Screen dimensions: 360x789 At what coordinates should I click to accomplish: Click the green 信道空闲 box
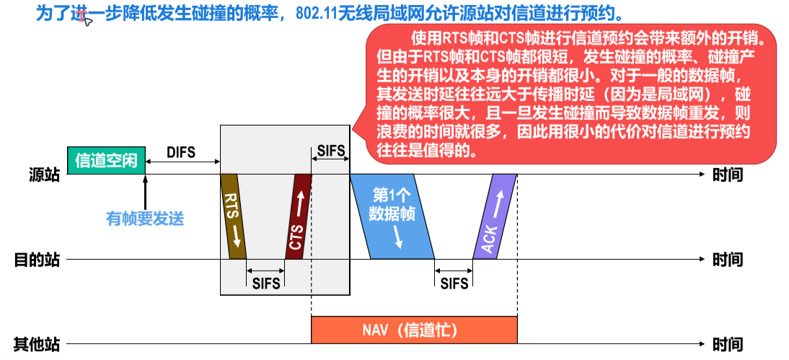(x=106, y=160)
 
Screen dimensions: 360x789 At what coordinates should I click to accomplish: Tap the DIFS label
(x=181, y=152)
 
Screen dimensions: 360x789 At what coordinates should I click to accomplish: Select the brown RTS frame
(x=233, y=216)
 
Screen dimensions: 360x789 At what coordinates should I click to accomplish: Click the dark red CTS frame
(x=299, y=216)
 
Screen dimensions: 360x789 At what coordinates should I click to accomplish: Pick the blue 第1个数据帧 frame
(x=392, y=215)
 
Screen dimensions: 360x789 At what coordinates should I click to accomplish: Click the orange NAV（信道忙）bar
(x=414, y=330)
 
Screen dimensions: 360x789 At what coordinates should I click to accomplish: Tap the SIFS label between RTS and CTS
(x=265, y=284)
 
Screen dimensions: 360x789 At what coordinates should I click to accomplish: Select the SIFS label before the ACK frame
(x=454, y=284)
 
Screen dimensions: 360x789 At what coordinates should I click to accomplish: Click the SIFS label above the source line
(x=330, y=152)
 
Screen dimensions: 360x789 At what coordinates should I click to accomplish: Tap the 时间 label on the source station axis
(x=727, y=175)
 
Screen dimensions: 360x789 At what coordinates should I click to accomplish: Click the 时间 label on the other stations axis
(x=727, y=344)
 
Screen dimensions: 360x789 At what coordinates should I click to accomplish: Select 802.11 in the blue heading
(x=317, y=14)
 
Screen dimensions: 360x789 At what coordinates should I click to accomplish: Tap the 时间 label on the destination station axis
(x=727, y=259)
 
